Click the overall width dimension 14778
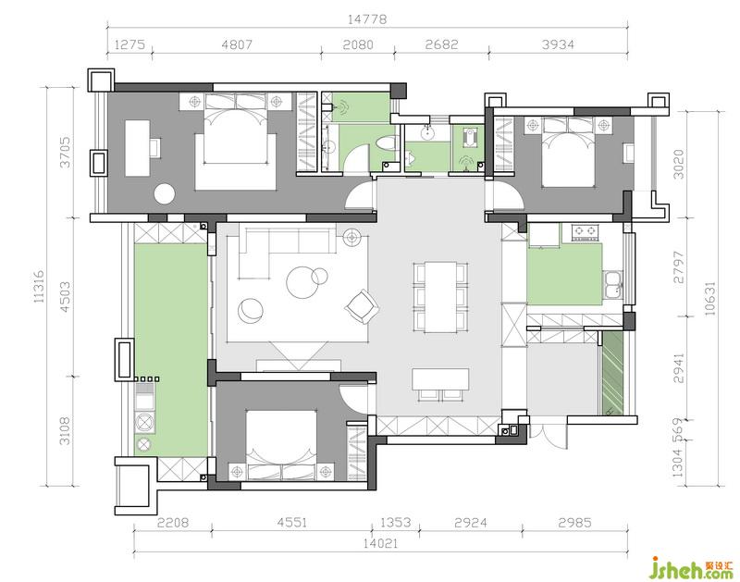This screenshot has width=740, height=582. click(x=366, y=19)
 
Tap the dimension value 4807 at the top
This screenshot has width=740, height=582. click(x=237, y=44)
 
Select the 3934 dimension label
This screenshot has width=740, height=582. click(x=558, y=44)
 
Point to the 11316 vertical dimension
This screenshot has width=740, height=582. click(x=39, y=286)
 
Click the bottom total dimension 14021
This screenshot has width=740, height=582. click(x=380, y=543)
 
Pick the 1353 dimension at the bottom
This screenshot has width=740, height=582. click(x=396, y=523)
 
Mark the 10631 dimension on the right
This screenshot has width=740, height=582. click(x=709, y=298)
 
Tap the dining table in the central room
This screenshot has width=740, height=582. click(x=440, y=296)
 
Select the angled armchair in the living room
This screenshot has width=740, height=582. click(x=363, y=307)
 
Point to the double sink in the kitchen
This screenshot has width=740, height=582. click(x=612, y=285)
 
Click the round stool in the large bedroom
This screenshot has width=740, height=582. click(x=165, y=193)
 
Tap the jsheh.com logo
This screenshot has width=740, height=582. click(x=691, y=568)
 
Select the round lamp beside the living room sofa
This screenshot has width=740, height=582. click(x=351, y=237)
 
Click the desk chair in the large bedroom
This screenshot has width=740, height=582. click(x=155, y=147)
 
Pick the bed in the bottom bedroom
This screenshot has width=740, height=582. click(x=281, y=445)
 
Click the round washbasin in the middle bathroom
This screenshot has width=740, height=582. click(x=428, y=133)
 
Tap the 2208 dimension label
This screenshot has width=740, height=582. click(x=173, y=523)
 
